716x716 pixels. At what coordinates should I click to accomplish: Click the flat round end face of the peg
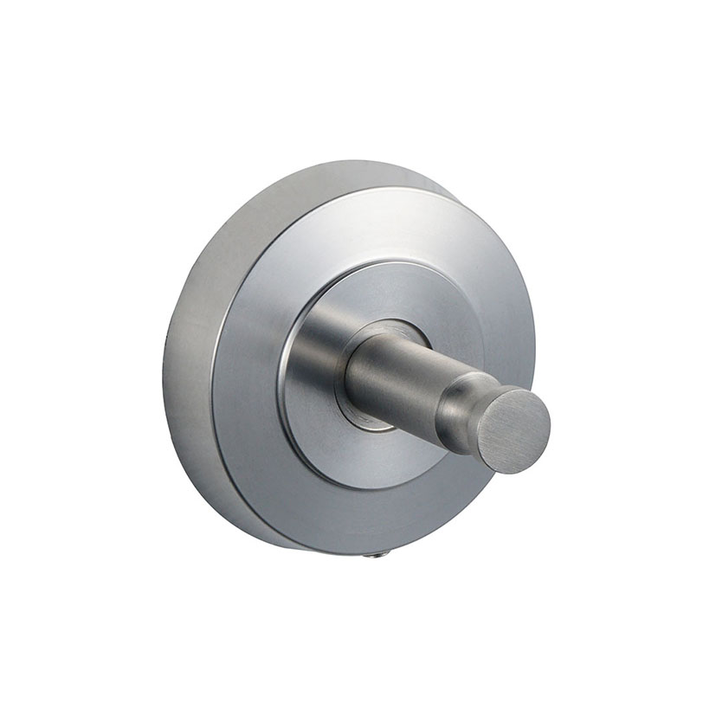pos(513,429)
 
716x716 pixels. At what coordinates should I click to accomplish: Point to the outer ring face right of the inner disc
pos(502,329)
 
